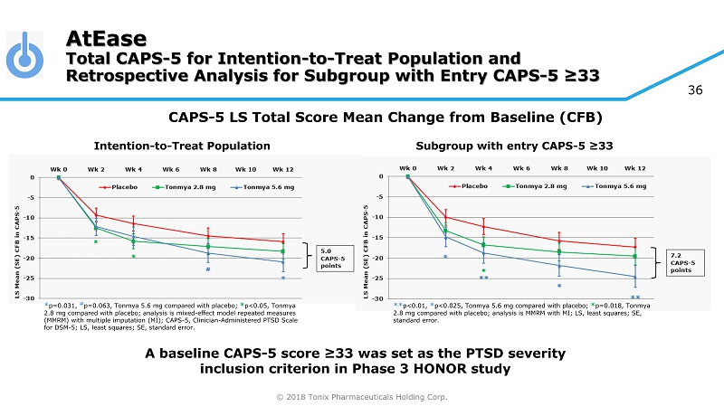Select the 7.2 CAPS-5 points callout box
(x=683, y=263)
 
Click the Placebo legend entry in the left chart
(x=119, y=188)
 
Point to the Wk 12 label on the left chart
(x=283, y=169)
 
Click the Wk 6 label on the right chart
(x=521, y=167)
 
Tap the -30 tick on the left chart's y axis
(x=30, y=298)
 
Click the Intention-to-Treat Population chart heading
(x=182, y=145)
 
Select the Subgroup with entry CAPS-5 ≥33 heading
(x=515, y=145)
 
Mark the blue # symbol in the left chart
(x=208, y=269)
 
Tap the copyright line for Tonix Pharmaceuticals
(x=362, y=396)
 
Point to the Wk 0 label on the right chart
(x=408, y=167)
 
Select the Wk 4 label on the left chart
(x=133, y=169)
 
